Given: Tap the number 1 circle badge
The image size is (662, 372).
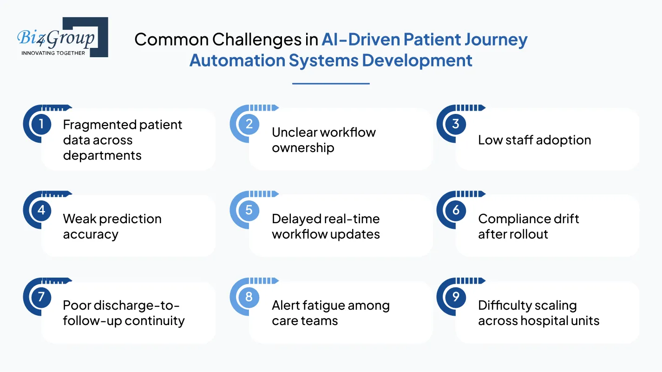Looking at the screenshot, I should pyautogui.click(x=41, y=124).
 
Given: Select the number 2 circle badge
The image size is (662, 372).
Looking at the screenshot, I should pyautogui.click(x=249, y=124).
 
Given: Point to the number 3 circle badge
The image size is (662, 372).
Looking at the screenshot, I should pyautogui.click(x=455, y=124).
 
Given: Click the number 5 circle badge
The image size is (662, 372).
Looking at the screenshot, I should pyautogui.click(x=249, y=210).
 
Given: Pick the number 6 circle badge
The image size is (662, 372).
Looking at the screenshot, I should pyautogui.click(x=455, y=210).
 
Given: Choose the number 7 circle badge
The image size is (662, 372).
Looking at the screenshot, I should pyautogui.click(x=41, y=297).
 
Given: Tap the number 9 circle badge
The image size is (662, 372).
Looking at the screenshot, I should pyautogui.click(x=455, y=297).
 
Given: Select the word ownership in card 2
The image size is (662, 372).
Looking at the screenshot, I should pyautogui.click(x=303, y=148).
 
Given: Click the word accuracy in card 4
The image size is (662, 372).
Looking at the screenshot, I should pyautogui.click(x=91, y=234).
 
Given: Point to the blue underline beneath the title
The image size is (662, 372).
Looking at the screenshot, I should pyautogui.click(x=331, y=84).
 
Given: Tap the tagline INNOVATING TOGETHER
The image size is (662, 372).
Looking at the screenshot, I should pyautogui.click(x=53, y=53).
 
